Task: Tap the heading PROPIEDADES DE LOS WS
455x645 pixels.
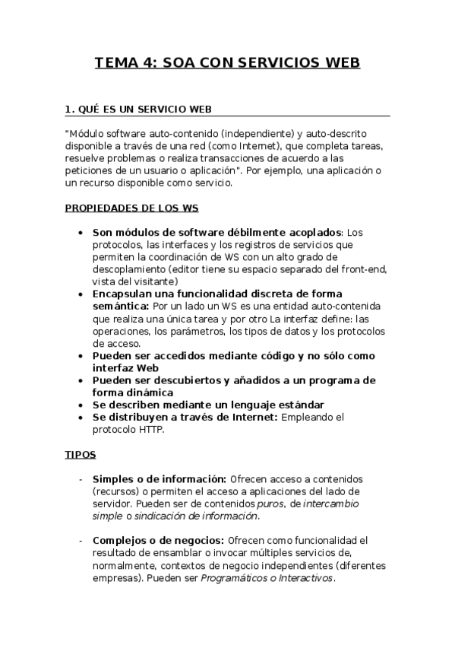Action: pos(133,207)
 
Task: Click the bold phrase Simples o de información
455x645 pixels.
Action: pos(159,479)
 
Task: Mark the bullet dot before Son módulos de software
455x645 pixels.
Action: pos(81,233)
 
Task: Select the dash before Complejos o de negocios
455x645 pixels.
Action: pos(81,541)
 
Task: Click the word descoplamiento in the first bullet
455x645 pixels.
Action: pos(128,268)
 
